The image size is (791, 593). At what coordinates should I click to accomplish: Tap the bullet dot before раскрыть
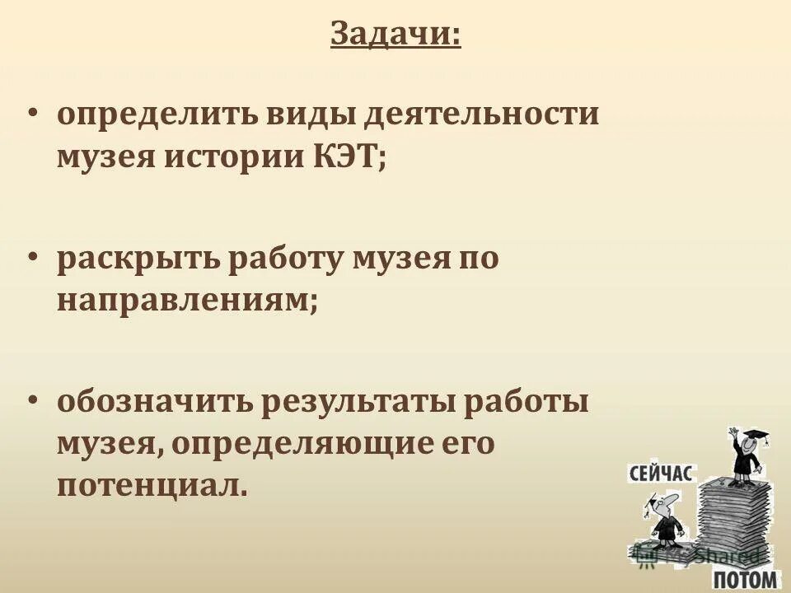32,257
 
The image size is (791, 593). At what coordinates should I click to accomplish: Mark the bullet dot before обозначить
32,402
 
